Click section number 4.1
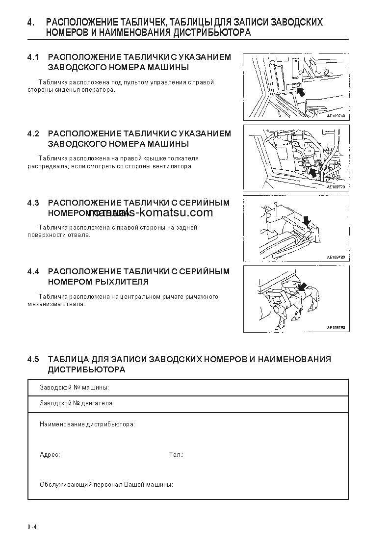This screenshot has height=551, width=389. (33, 57)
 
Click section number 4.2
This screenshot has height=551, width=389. (33, 133)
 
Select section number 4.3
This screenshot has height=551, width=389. (33, 203)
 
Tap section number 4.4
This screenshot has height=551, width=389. (33, 271)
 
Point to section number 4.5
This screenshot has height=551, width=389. (33, 359)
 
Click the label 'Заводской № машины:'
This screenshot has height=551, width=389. (74, 388)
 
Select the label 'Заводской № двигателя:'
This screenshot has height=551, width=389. (77, 403)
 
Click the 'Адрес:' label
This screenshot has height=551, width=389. (50, 455)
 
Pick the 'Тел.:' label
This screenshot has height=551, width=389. (176, 455)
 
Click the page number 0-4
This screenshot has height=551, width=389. (32, 527)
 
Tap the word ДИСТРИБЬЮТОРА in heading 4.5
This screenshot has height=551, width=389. (86, 369)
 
